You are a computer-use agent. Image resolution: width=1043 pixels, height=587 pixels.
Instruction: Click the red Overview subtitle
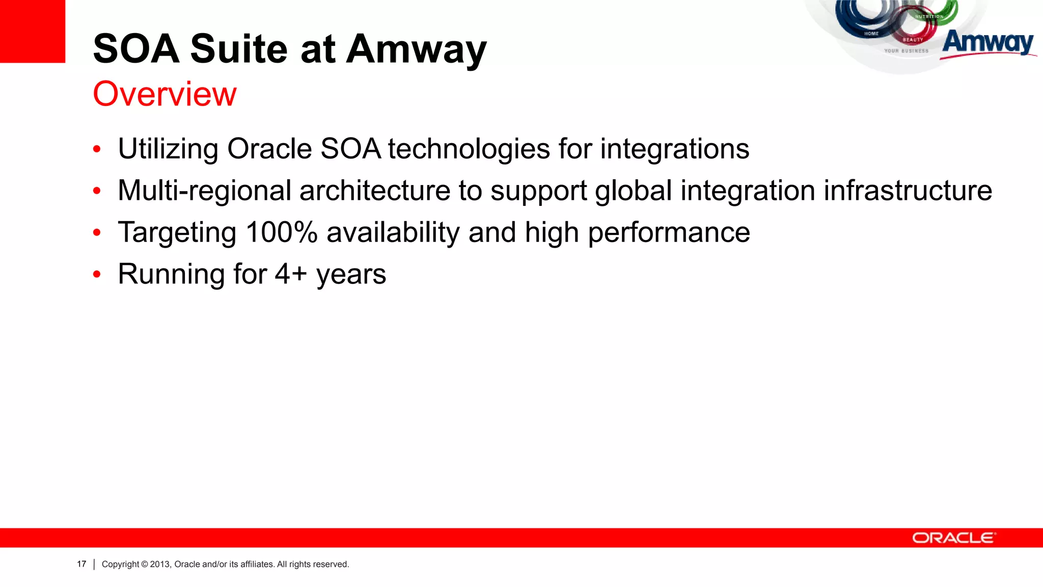(x=164, y=94)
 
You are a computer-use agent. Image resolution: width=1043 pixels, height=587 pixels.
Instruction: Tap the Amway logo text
(x=987, y=42)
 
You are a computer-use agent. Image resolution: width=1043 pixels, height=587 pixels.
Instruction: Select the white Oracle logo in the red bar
(x=953, y=538)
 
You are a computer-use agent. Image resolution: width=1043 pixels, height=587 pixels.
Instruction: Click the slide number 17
(x=81, y=564)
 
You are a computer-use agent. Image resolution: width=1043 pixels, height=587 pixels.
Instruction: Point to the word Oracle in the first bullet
(x=269, y=149)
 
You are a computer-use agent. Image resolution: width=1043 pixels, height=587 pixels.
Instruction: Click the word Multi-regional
(x=204, y=191)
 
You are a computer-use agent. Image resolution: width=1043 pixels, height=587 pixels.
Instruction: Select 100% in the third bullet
(x=281, y=232)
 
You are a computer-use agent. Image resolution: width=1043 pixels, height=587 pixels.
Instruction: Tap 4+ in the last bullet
(x=291, y=274)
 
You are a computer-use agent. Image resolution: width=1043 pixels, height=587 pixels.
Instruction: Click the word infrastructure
(x=908, y=191)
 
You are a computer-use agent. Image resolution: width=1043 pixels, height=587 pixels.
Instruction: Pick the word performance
(x=669, y=233)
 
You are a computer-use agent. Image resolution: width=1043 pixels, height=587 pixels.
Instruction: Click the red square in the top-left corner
(x=32, y=31)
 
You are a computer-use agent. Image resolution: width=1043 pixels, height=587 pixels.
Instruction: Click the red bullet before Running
(x=97, y=275)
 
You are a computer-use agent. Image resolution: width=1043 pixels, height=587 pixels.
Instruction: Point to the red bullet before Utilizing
(x=97, y=150)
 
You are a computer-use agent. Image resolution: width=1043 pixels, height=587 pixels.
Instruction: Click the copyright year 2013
(x=159, y=564)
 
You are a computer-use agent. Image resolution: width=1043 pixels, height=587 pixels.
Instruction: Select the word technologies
(x=469, y=149)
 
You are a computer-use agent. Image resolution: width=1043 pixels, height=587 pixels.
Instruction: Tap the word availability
(x=393, y=233)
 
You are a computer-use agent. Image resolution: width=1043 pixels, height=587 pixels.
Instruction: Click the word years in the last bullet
(x=351, y=275)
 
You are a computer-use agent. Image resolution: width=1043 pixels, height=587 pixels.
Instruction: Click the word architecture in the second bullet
(x=374, y=191)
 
